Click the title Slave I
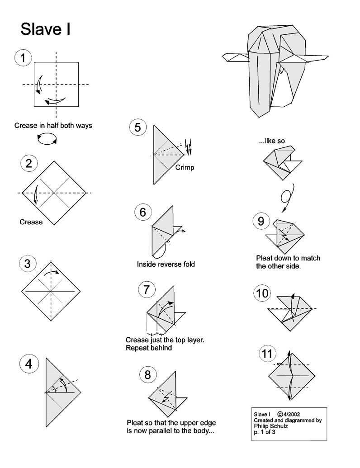pos(45,29)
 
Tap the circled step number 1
pos(23,58)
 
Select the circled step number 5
pos(137,128)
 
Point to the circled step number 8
pos(148,375)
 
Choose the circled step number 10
pos(262,293)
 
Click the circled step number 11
pos(267,354)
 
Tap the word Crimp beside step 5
pos(185,167)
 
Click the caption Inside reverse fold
pos(166,264)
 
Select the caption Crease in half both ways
pos(53,126)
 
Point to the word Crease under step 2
pos(31,222)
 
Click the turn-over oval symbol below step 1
pos(47,139)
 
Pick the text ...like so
pos(272,141)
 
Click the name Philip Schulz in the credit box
pos(271,426)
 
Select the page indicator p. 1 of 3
pos(265,432)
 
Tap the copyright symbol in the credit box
pos(280,414)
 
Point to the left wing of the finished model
pos(236,57)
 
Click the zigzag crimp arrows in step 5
pos(188,147)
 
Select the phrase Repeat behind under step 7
pos(149,348)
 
